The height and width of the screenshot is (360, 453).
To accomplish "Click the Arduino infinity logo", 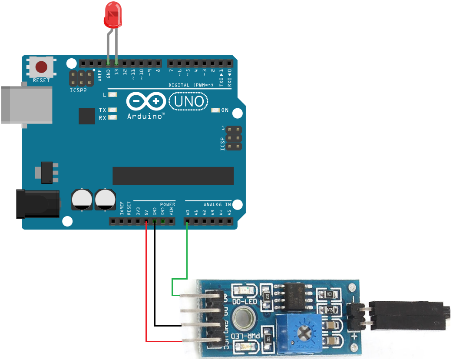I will click(x=145, y=102).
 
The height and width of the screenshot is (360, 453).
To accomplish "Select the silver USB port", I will click(x=26, y=104).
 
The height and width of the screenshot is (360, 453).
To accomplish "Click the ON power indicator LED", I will click(x=215, y=110).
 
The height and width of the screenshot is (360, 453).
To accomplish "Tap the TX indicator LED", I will click(x=112, y=110).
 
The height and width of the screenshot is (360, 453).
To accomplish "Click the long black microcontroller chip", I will click(x=173, y=176).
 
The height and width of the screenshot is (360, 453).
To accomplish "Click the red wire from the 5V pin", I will click(x=146, y=283).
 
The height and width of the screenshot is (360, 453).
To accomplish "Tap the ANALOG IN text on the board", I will click(x=217, y=204).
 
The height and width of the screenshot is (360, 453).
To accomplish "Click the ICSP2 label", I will click(x=78, y=90).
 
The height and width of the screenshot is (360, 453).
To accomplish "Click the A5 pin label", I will click(x=229, y=213).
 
